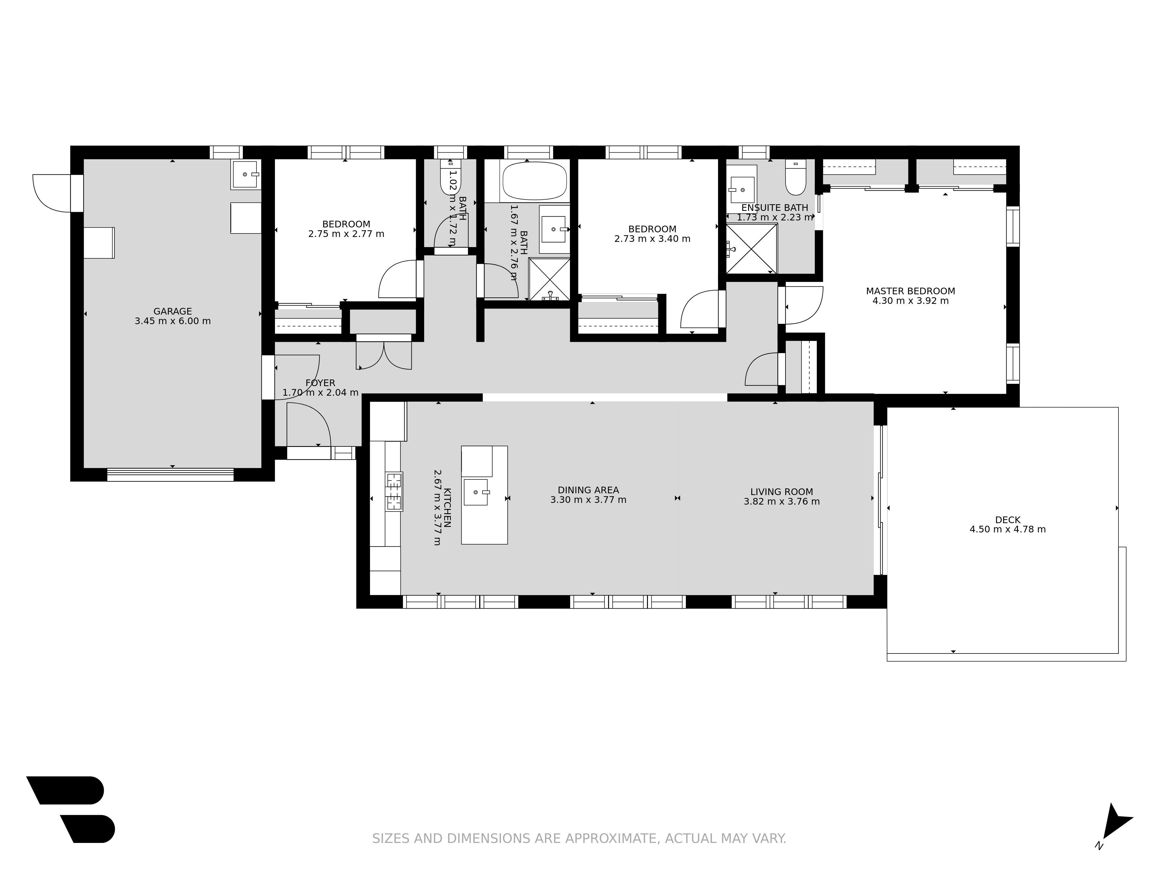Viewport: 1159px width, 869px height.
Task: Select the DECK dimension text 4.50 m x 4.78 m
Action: pos(1007,530)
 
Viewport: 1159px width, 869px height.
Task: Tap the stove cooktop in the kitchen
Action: pos(394,491)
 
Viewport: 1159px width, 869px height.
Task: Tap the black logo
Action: pos(71,809)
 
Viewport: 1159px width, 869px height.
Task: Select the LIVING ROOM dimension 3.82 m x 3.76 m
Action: pos(782,502)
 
